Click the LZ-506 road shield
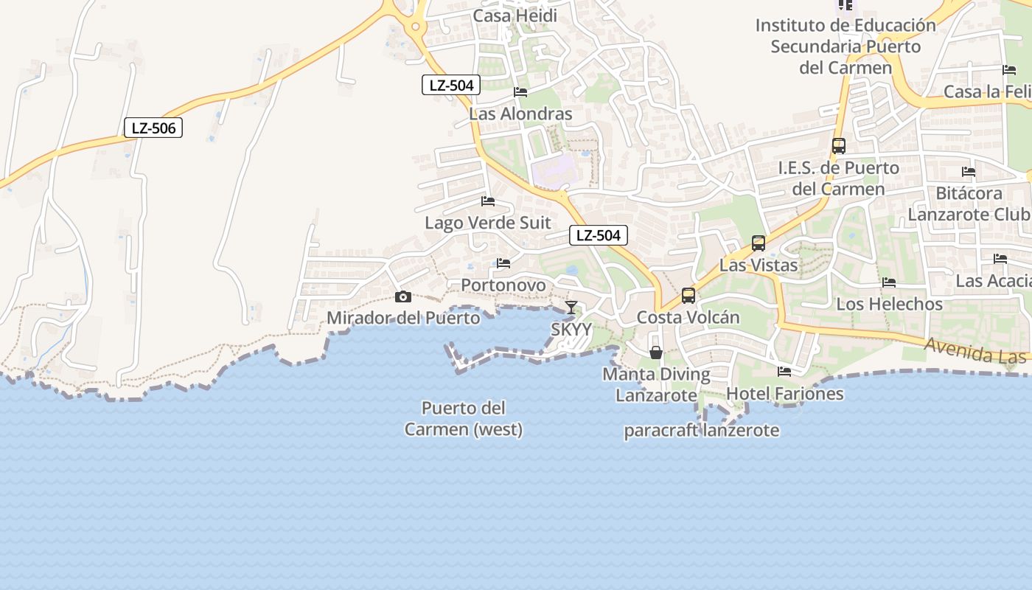pyautogui.click(x=153, y=128)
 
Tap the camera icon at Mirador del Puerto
pyautogui.click(x=402, y=296)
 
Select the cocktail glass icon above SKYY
pyautogui.click(x=571, y=307)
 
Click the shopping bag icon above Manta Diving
pyautogui.click(x=656, y=353)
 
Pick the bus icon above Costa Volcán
pyautogui.click(x=688, y=295)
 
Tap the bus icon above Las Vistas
pyautogui.click(x=758, y=243)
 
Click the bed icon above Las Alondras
pyautogui.click(x=520, y=92)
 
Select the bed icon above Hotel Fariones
pyautogui.click(x=784, y=372)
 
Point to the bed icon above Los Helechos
pyautogui.click(x=889, y=282)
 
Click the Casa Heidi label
pyautogui.click(x=515, y=15)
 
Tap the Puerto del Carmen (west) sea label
pyautogui.click(x=464, y=418)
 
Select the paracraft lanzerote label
pyautogui.click(x=701, y=431)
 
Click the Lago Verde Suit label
pyautogui.click(x=488, y=222)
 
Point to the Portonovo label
pyautogui.click(x=503, y=285)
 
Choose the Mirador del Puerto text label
pyautogui.click(x=403, y=318)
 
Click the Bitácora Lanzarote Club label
pyautogui.click(x=969, y=204)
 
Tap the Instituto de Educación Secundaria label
pyautogui.click(x=846, y=46)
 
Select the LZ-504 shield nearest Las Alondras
pyautogui.click(x=451, y=85)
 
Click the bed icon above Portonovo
pyautogui.click(x=503, y=263)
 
